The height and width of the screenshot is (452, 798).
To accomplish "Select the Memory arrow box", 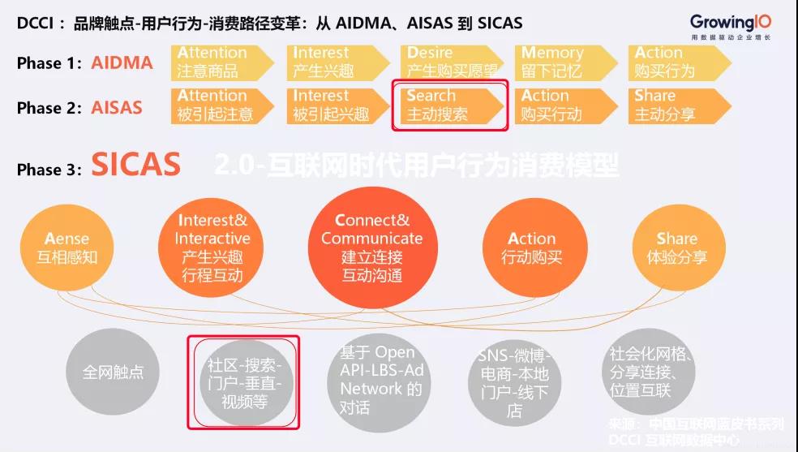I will click(560, 62).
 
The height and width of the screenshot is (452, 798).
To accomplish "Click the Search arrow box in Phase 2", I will click(448, 105).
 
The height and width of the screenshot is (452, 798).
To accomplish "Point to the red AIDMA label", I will click(122, 62).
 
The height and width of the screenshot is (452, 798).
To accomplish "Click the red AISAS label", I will click(117, 106).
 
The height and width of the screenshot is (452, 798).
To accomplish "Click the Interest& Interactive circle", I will click(212, 248).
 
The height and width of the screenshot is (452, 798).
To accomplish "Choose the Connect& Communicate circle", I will click(372, 247).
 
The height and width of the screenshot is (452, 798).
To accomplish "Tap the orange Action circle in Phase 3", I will click(532, 248).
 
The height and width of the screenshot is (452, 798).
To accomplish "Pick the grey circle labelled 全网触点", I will click(113, 372).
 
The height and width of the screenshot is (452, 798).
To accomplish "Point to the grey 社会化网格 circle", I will click(649, 373).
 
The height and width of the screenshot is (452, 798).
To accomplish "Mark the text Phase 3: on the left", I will click(50, 170).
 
